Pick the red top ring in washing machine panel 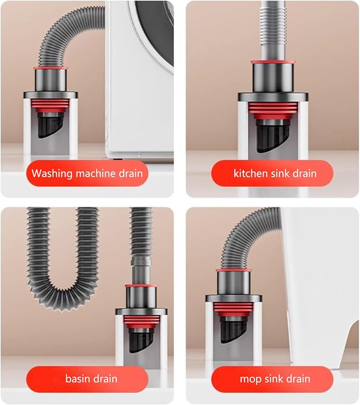coord(50,68)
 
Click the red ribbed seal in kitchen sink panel coord(273,110)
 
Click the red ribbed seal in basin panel coord(141,322)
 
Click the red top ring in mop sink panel coord(233,270)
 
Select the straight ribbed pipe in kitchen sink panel coord(273,30)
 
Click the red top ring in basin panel coord(141,286)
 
